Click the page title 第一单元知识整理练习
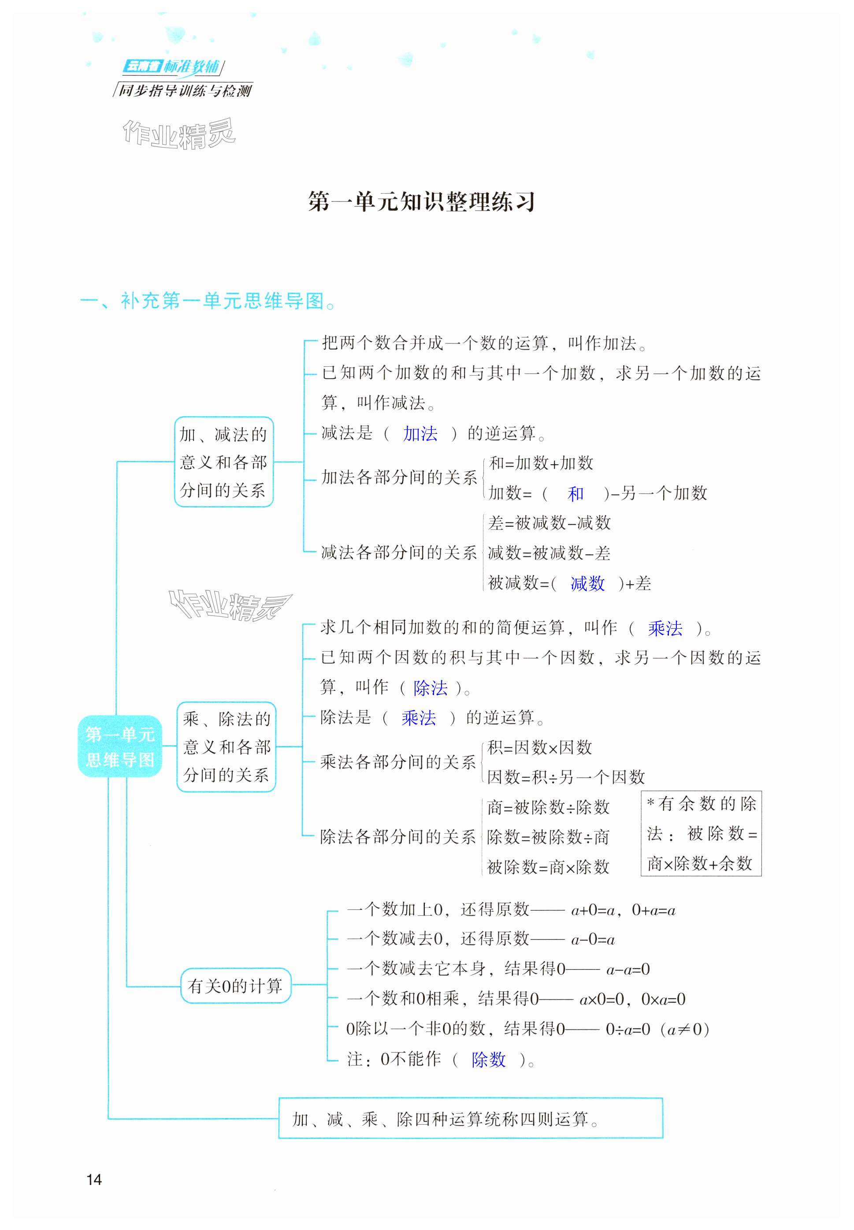[421, 202]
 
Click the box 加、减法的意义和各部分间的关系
[224, 462]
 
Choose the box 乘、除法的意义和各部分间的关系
[226, 747]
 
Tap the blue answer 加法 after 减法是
[420, 433]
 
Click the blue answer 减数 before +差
[587, 583]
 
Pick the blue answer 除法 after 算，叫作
[430, 688]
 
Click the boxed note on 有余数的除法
[701, 833]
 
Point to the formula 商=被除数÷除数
[548, 807]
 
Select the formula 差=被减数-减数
[549, 523]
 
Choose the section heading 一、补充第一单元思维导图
[208, 302]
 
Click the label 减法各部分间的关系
[399, 552]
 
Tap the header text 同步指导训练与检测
[185, 90]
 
